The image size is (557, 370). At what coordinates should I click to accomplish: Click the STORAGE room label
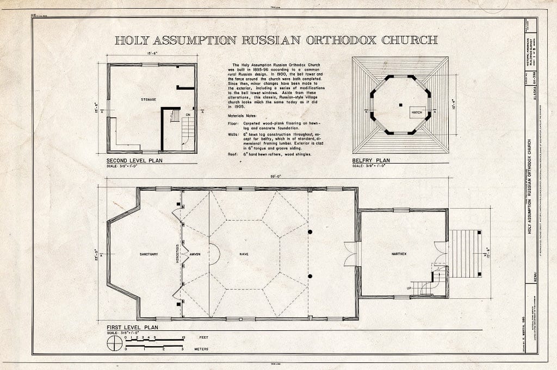pyautogui.click(x=148, y=99)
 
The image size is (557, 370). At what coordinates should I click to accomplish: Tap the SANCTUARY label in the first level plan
pyautogui.click(x=148, y=254)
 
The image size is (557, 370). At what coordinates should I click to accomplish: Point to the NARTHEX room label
pyautogui.click(x=400, y=254)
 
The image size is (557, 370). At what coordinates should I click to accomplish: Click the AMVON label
pyautogui.click(x=195, y=254)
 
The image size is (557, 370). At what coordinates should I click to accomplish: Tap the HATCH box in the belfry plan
pyautogui.click(x=417, y=112)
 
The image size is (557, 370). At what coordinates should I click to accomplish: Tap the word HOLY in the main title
pyautogui.click(x=134, y=40)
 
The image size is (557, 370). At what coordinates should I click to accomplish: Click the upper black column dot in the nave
pyautogui.click(x=310, y=232)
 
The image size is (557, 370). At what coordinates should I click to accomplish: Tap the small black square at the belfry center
pyautogui.click(x=401, y=104)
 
